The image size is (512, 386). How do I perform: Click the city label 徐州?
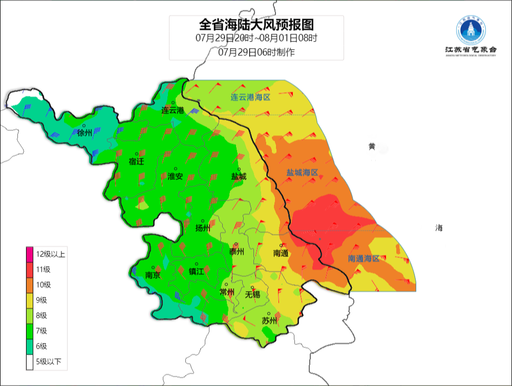pos(85,133)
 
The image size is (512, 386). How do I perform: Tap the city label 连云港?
pos(173,110)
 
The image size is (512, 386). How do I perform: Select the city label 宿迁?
pos(137,162)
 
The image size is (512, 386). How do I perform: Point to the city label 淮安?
pos(175,177)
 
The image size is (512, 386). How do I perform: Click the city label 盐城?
pos(239,177)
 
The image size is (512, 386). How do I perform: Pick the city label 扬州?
pos(203,228)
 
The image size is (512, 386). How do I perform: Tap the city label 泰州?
pos(236,252)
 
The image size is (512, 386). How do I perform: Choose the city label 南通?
pos(281,253)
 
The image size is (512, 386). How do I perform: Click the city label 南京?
pos(153,275)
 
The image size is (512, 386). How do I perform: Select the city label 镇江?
pos(196,272)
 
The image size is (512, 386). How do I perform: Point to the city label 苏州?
pos(269,321)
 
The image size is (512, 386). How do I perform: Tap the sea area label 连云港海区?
pos(249,97)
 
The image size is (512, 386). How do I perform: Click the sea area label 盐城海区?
pos(303,173)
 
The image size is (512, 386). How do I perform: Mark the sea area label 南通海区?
pos(364,259)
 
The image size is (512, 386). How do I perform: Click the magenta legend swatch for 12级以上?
pos(30,254)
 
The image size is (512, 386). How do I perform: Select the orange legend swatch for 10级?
pos(30,285)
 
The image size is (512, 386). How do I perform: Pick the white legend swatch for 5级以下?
pos(30,362)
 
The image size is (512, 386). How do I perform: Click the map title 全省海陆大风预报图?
pos(256,25)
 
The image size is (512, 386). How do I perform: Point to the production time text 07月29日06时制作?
pos(256,52)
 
